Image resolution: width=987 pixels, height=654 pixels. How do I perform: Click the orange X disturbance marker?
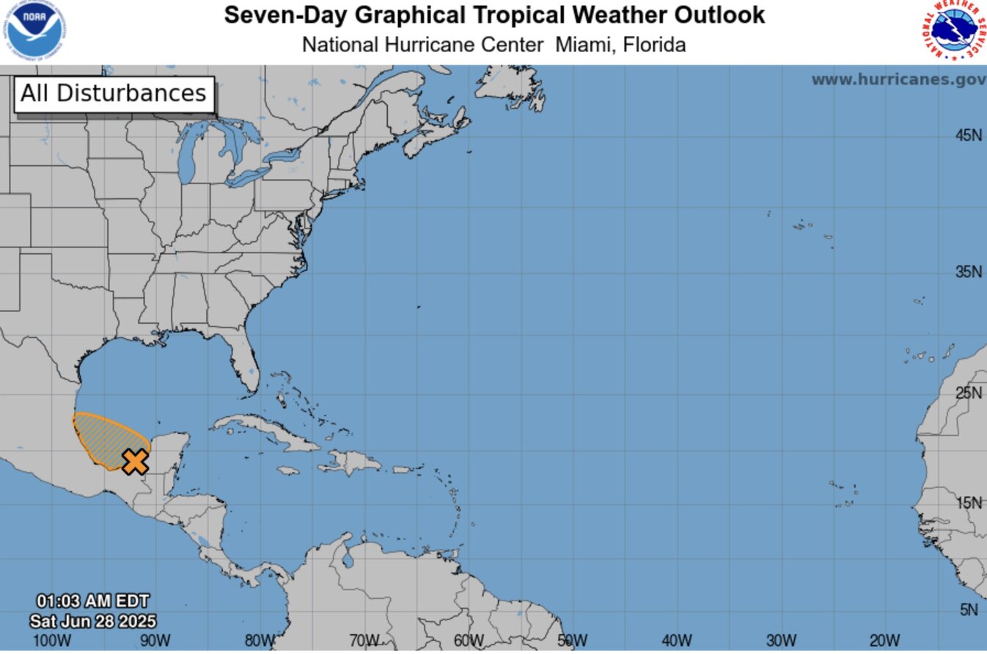[136, 462]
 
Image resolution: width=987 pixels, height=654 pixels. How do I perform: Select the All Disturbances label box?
[114, 94]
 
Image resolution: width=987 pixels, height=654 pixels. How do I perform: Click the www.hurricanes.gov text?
[898, 79]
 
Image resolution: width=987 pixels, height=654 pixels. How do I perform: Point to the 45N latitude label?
[968, 135]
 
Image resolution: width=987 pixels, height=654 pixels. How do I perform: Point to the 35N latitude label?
[968, 272]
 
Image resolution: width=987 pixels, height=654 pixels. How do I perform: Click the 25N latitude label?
[968, 393]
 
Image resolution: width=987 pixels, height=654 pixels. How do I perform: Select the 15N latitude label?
[968, 503]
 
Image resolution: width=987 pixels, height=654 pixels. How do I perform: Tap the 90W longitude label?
[155, 641]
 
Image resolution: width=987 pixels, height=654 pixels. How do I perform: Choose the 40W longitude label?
[677, 641]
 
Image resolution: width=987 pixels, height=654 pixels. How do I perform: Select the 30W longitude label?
[782, 641]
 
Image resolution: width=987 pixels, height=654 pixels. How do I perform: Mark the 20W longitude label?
[885, 641]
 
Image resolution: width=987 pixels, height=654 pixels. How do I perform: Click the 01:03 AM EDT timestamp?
[93, 603]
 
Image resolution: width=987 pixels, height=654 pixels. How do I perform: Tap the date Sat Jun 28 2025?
[93, 621]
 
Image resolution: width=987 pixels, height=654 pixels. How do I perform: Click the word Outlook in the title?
[713, 15]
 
